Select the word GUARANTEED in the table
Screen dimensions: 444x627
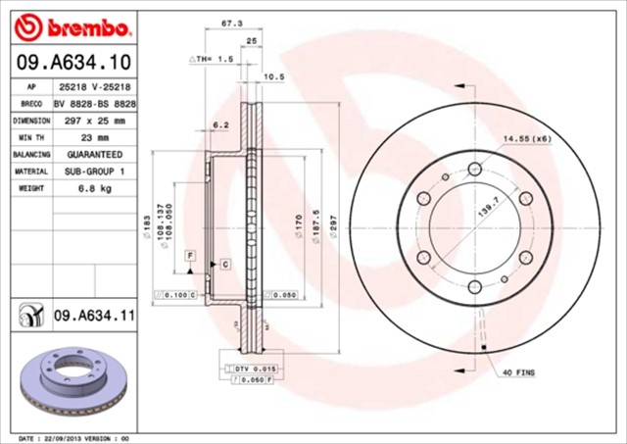94,154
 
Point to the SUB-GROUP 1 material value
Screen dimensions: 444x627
94,171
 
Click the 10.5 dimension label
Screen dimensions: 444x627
275,75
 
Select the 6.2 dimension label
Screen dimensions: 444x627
220,125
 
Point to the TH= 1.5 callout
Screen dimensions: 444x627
213,59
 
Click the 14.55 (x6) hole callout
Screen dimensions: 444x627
528,139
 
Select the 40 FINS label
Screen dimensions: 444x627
520,373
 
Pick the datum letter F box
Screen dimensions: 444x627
190,255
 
